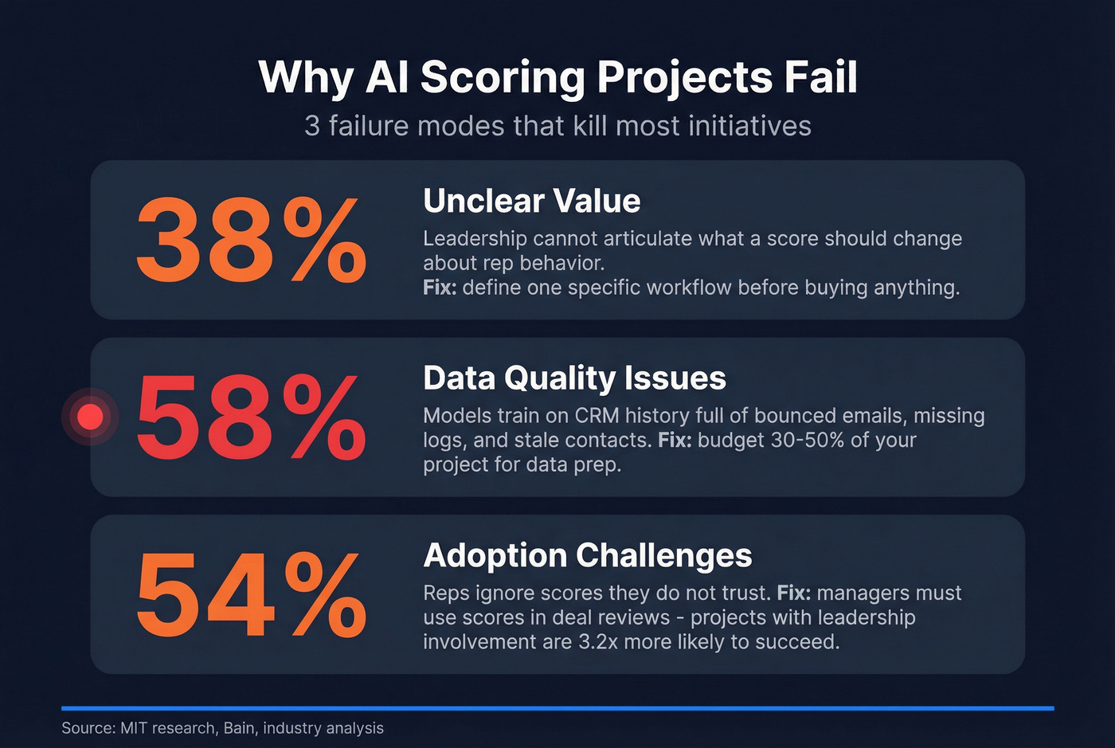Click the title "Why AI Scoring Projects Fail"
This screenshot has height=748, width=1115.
pos(557,77)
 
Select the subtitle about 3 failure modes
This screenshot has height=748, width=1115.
pos(557,126)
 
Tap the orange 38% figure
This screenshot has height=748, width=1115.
pos(251,241)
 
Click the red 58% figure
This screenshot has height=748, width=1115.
pos(251,417)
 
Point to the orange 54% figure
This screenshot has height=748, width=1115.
pos(251,595)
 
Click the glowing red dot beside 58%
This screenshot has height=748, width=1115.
pos(90,416)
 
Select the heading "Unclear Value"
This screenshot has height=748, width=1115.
pos(531,201)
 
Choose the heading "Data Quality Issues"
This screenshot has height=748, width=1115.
pos(574,378)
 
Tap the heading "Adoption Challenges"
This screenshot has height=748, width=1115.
pos(587,555)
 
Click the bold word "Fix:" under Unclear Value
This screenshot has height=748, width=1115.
pos(440,287)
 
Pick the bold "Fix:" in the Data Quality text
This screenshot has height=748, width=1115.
pos(675,440)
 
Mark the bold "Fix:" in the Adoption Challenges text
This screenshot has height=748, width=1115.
pos(793,593)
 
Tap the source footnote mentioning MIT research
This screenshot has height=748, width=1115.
pos(222,728)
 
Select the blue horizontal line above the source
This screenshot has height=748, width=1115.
pos(557,707)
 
